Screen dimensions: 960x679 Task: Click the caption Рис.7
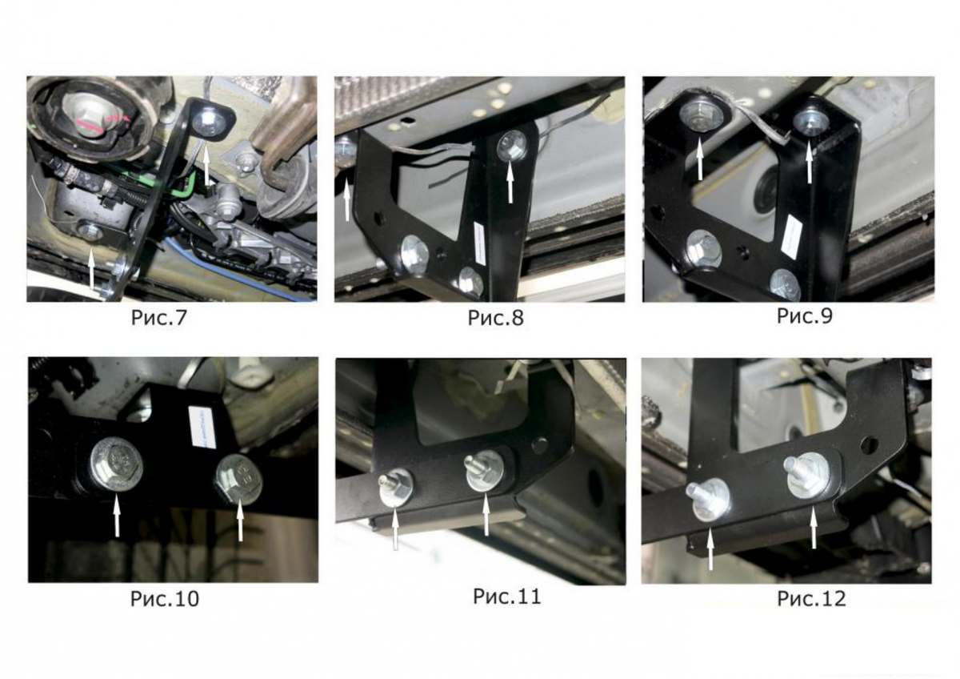tap(159, 318)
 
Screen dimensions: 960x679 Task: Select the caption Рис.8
tap(495, 318)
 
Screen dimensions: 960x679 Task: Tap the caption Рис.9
tap(805, 316)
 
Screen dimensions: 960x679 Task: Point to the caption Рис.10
tap(165, 599)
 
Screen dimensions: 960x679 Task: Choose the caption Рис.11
tap(507, 597)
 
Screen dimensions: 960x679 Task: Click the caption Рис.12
tap(812, 599)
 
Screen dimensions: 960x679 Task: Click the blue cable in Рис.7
tap(240, 270)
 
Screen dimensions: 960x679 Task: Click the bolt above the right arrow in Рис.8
tap(511, 146)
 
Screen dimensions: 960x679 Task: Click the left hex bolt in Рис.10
tap(116, 465)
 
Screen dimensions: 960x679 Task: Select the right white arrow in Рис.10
tap(240, 519)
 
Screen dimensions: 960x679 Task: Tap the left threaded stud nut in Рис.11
tap(394, 488)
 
